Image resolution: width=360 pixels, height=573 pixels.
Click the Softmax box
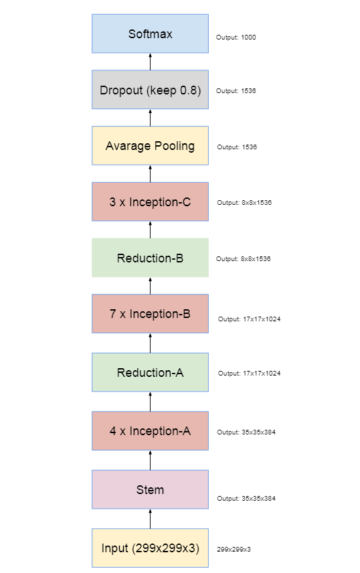pos(150,33)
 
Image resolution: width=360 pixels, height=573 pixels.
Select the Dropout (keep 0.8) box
pos(150,90)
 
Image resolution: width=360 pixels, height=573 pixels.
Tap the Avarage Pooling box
pos(150,145)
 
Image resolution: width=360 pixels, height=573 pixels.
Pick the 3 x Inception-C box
pos(150,201)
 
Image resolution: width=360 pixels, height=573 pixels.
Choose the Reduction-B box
pos(150,258)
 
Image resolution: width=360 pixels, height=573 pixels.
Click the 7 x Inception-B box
pos(150,313)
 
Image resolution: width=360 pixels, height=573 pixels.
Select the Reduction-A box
pos(150,372)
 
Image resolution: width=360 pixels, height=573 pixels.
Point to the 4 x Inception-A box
pos(150,431)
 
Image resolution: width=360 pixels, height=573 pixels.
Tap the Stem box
pos(150,489)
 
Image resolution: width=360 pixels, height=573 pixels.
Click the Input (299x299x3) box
pos(150,548)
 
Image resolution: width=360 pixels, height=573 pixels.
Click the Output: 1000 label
pos(236,37)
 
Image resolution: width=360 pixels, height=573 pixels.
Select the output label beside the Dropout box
pos(236,90)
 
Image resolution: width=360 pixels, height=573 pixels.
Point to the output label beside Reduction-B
pos(243,258)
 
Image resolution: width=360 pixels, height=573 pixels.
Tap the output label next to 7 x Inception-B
pos(249,319)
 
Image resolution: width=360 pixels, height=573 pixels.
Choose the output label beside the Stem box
pos(246,499)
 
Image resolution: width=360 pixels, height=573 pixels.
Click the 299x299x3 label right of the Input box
pos(234,550)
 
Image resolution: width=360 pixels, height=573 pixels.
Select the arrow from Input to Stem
pos(150,519)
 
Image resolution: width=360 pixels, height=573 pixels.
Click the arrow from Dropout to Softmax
pos(150,62)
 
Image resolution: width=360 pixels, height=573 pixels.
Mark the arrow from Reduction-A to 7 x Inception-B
pos(150,343)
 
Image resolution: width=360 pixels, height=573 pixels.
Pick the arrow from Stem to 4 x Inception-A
pos(150,461)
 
